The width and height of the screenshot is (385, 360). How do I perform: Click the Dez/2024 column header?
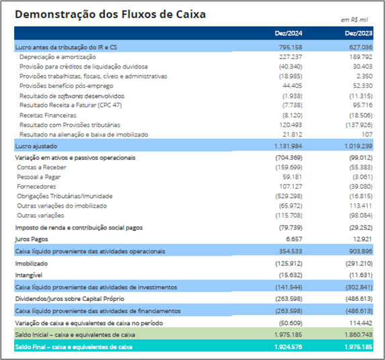288,33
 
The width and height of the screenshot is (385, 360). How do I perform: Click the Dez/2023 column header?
359,33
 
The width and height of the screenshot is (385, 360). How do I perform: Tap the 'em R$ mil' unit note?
354,20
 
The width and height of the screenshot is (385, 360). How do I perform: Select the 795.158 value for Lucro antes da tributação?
290,47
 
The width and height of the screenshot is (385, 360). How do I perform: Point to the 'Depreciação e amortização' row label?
58,57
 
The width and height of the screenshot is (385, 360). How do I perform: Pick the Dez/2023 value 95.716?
363,105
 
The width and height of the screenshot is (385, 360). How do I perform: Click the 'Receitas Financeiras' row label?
48,115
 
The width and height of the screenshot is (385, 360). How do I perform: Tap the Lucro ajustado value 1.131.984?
288,146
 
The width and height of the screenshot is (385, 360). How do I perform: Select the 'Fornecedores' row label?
36,187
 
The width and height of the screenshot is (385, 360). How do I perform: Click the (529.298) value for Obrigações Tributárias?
289,196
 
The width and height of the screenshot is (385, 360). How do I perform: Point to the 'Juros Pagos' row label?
32,239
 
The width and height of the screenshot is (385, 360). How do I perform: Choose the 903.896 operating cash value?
361,251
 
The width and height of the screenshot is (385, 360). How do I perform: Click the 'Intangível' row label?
29,275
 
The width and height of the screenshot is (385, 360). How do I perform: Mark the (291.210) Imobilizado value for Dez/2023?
359,263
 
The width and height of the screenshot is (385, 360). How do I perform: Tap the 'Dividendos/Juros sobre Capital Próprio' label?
70,299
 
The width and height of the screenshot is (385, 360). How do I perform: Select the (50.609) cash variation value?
291,323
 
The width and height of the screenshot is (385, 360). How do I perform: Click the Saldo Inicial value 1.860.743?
359,334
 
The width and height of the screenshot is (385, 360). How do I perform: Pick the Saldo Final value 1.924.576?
288,347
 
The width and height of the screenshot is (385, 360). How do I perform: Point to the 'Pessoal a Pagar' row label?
39,177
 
